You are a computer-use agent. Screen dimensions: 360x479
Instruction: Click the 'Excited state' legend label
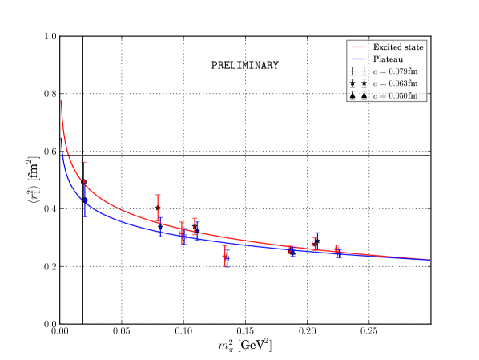pyautogui.click(x=398, y=47)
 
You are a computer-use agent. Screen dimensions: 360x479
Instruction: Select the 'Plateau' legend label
pyautogui.click(x=388, y=59)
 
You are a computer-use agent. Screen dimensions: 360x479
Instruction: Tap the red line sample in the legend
pyautogui.click(x=358, y=47)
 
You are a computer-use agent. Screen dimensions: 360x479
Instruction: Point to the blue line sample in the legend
pyautogui.click(x=358, y=59)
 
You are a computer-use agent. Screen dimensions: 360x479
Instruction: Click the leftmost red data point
pyautogui.click(x=84, y=184)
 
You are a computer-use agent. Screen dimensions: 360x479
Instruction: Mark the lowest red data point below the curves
pyautogui.click(x=225, y=255)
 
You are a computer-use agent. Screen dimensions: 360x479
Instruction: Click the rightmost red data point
pyautogui.click(x=336, y=249)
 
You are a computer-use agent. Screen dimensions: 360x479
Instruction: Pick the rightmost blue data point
pyautogui.click(x=338, y=253)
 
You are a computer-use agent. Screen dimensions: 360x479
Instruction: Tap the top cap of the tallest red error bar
pyautogui.click(x=84, y=162)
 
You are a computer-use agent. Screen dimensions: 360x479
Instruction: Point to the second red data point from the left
pyautogui.click(x=158, y=207)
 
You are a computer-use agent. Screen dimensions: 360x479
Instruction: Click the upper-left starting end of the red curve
pyautogui.click(x=62, y=101)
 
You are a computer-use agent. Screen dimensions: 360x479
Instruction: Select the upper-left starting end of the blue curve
pyautogui.click(x=62, y=138)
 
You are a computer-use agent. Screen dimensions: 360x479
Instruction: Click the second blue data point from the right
pyautogui.click(x=317, y=241)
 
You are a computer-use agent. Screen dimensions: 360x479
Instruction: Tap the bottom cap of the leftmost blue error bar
pyautogui.click(x=84, y=216)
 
